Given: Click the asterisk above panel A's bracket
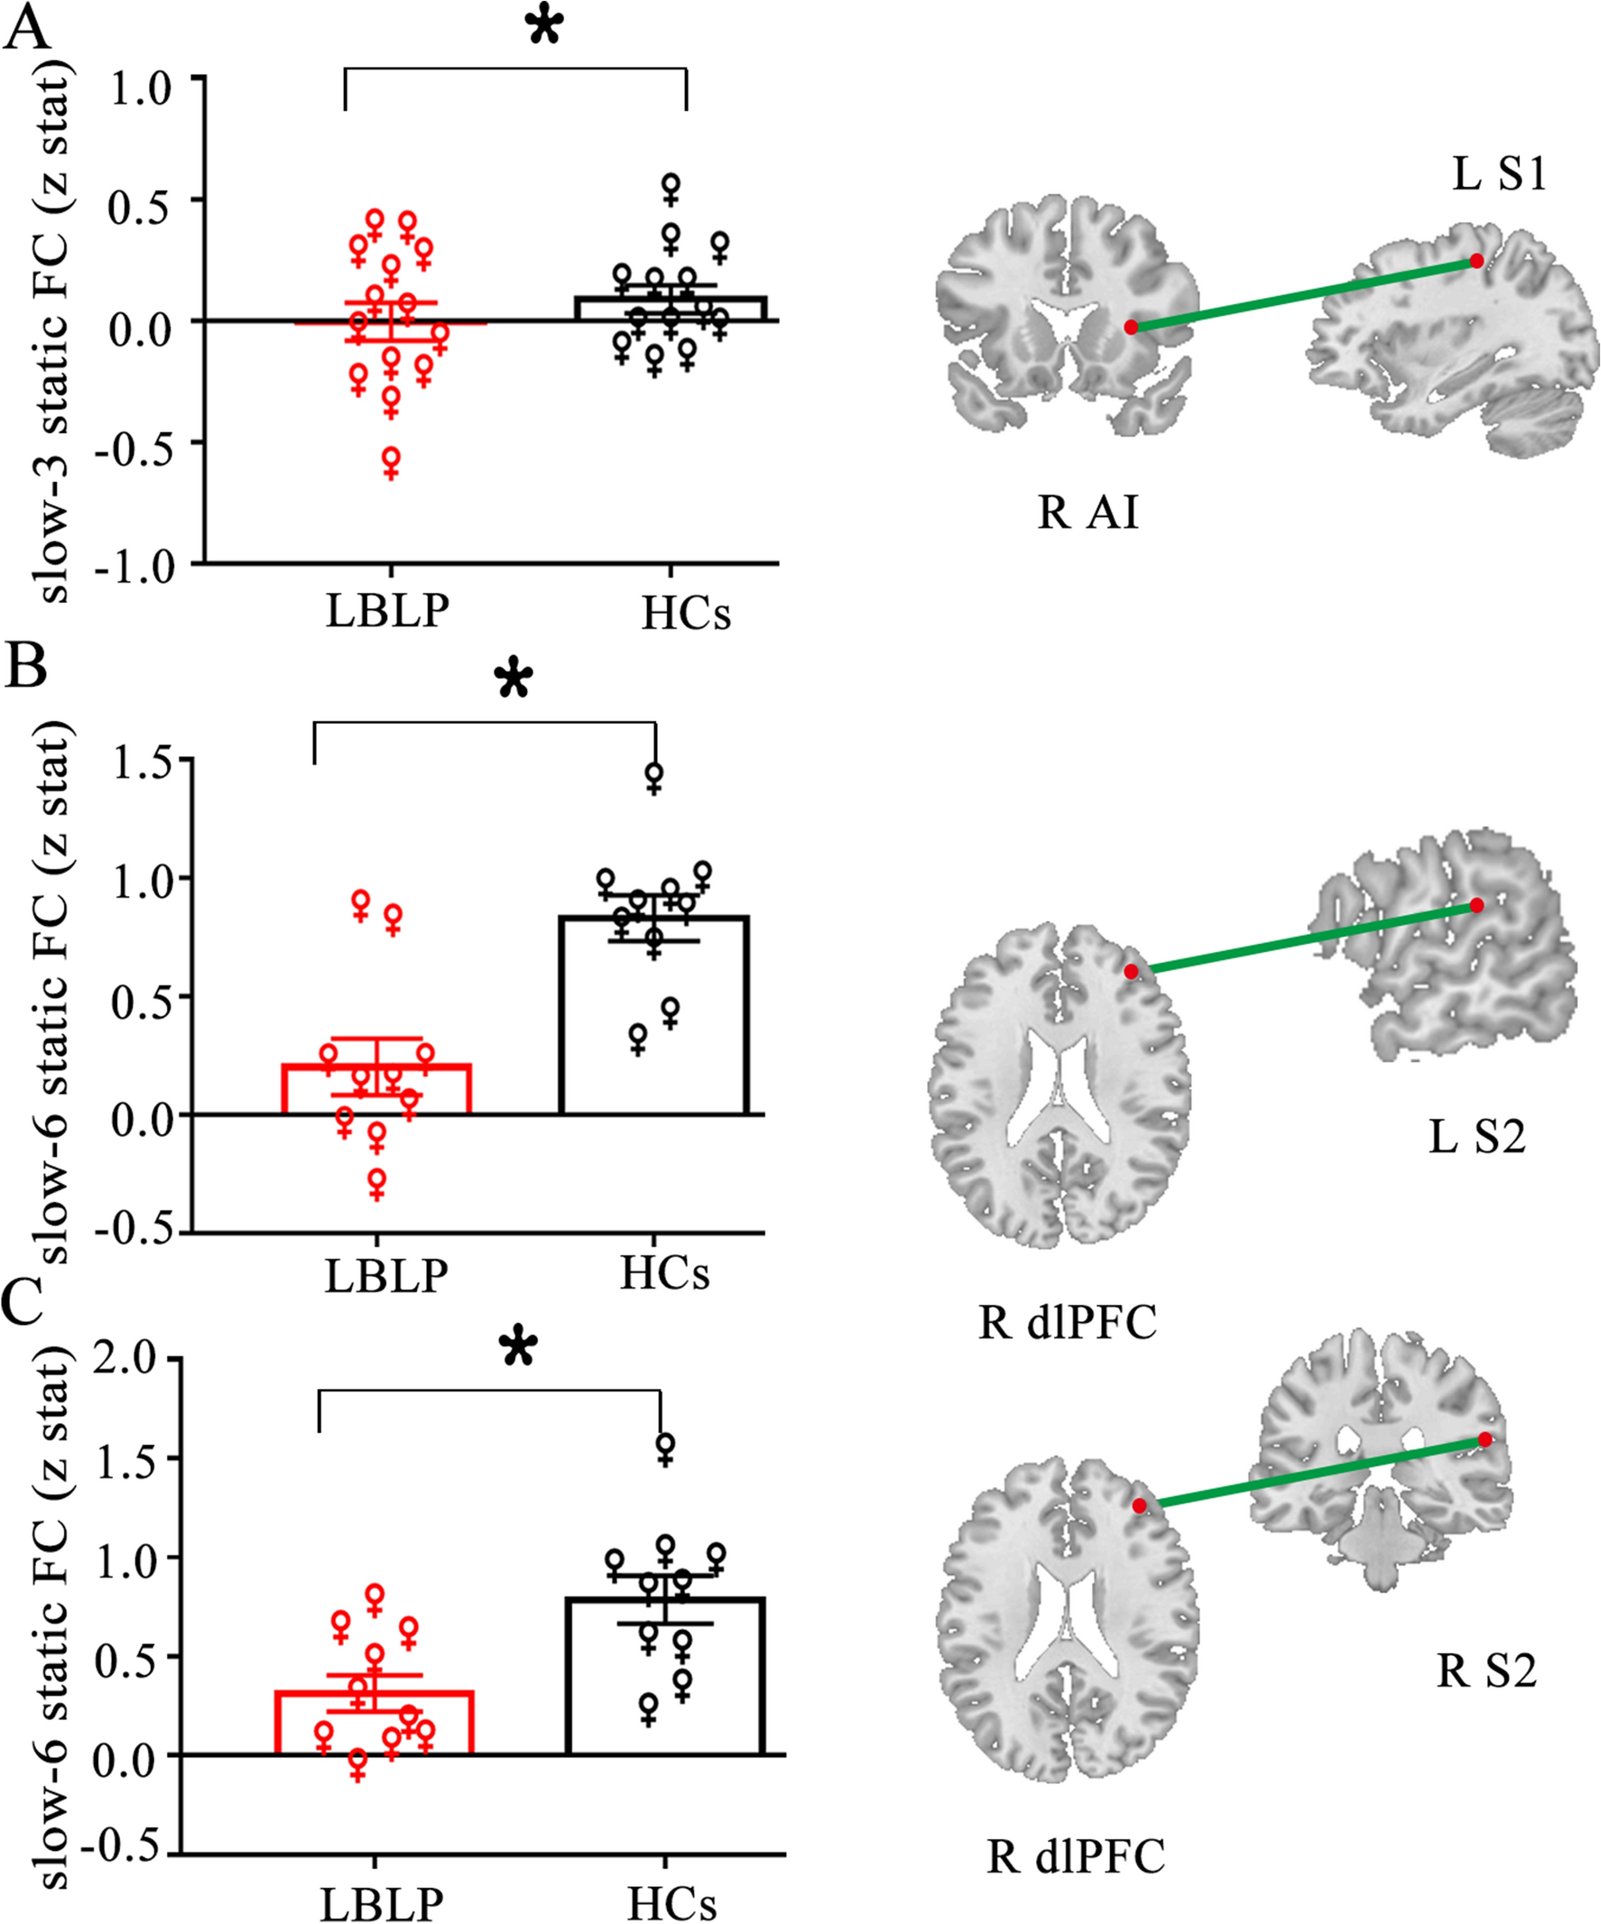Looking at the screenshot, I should [x=543, y=27].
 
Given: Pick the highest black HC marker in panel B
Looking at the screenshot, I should [x=654, y=777].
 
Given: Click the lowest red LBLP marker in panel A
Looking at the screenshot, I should [x=392, y=462].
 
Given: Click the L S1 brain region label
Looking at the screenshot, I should [x=1499, y=174].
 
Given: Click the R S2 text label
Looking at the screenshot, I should [x=1485, y=1671].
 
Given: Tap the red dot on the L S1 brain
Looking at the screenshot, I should [x=1476, y=261].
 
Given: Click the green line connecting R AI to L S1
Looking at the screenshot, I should [x=1301, y=294].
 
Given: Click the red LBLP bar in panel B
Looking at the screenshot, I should [x=375, y=1090].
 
